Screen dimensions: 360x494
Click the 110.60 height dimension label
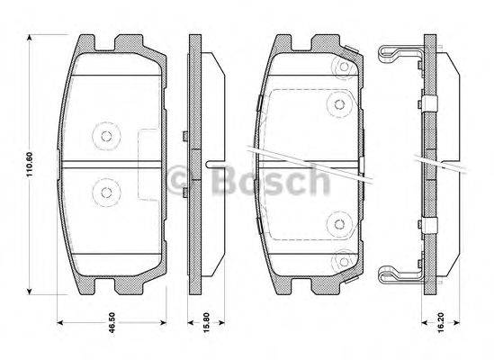(x=30, y=163)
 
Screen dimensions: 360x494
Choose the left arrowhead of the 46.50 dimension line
(x=60, y=321)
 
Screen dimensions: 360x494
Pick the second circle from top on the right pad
(x=340, y=102)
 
